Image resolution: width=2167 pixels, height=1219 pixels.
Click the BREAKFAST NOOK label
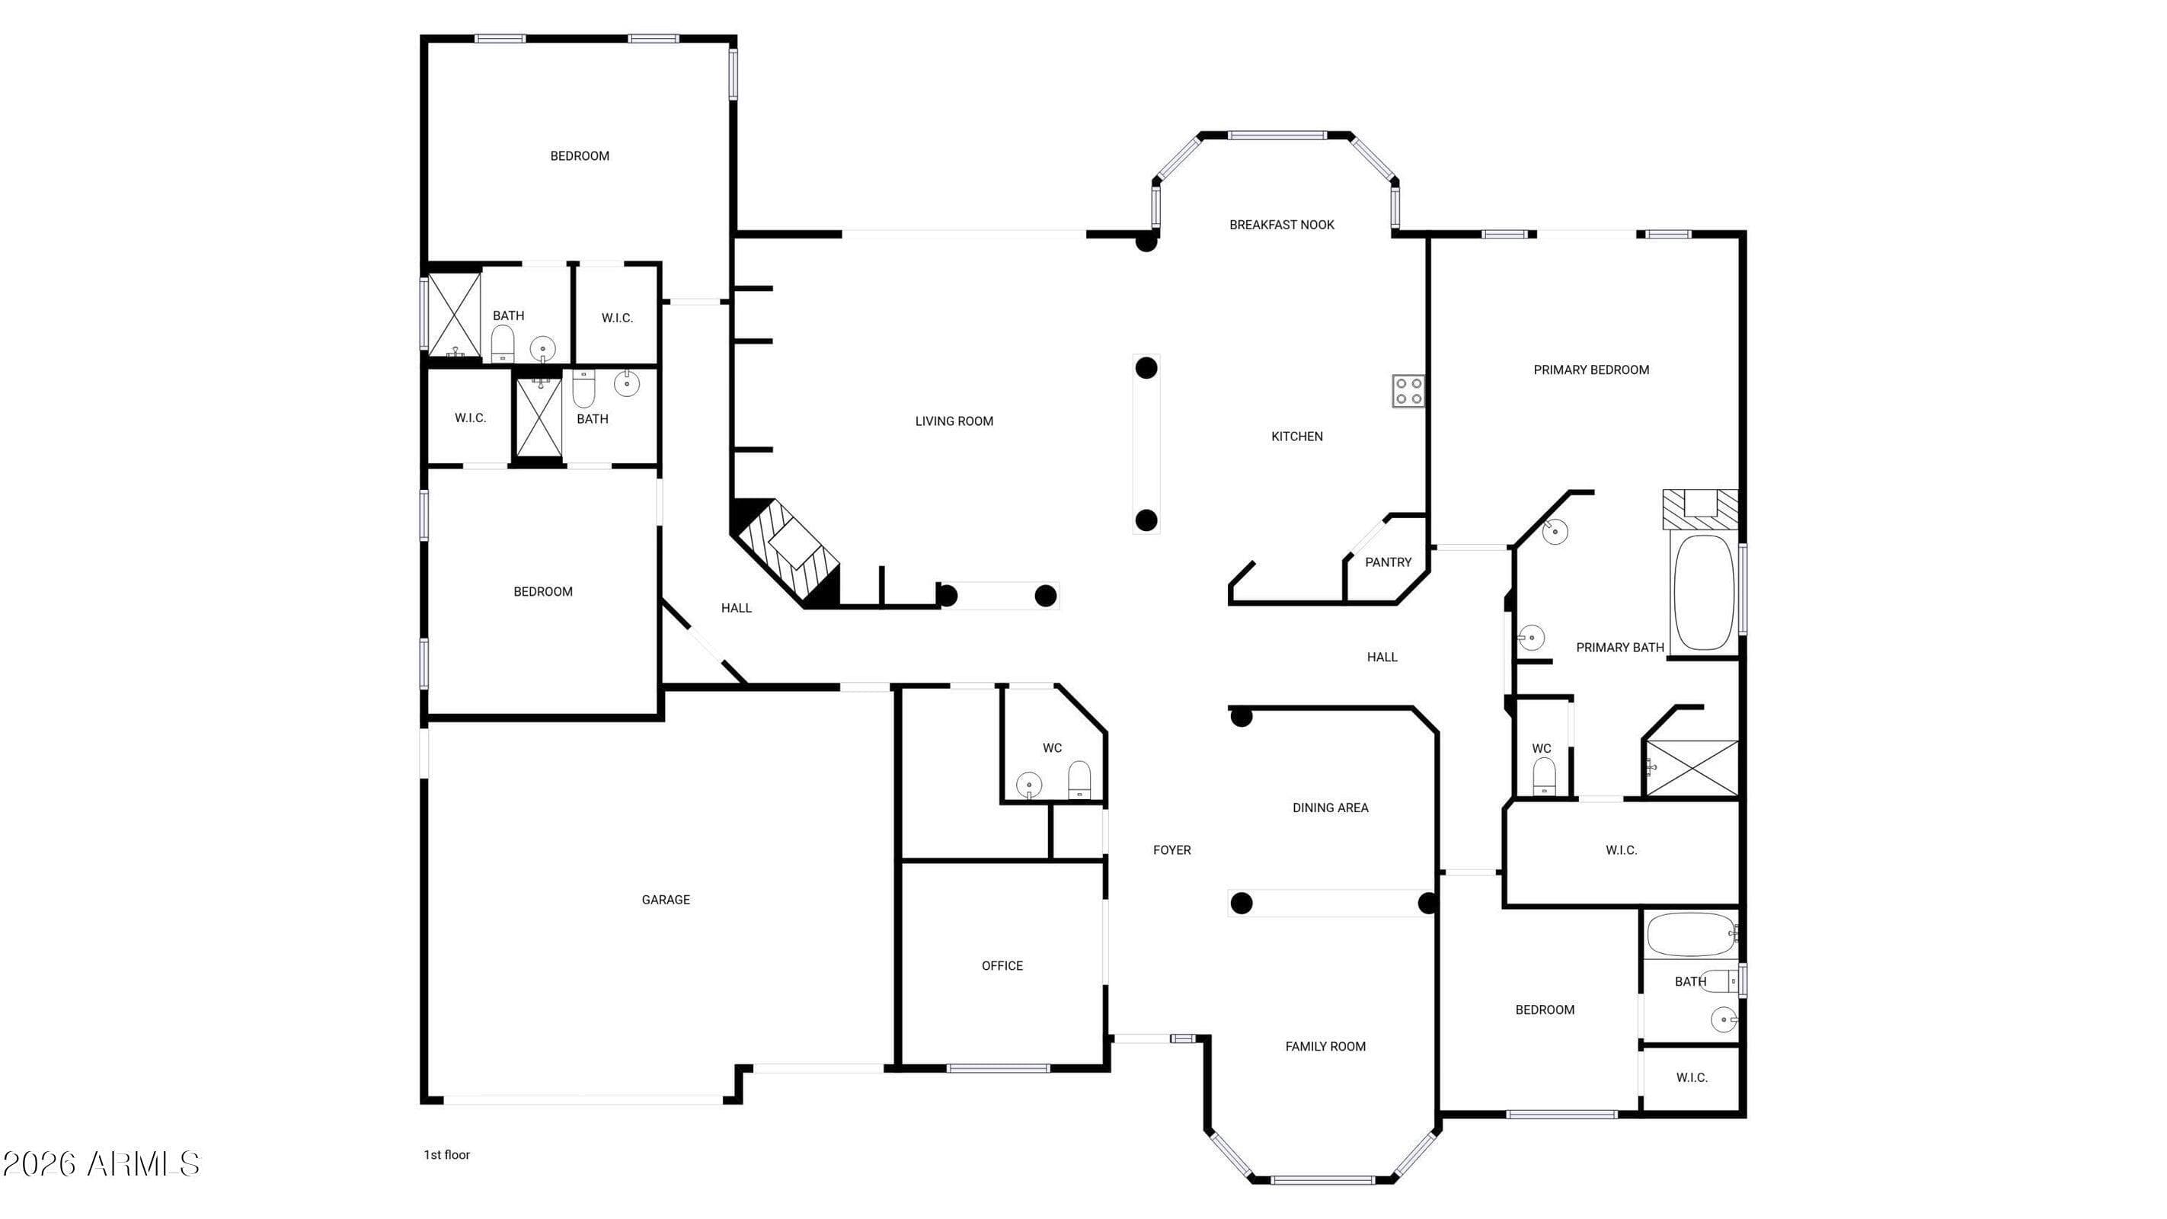(1281, 225)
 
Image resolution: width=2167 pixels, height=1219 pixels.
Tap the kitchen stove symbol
(1408, 391)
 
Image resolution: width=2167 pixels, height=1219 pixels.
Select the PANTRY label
(1387, 562)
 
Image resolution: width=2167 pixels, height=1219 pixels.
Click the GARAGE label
(666, 899)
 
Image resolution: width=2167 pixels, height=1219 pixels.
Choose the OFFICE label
(1002, 966)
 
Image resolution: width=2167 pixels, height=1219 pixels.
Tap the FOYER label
(1171, 849)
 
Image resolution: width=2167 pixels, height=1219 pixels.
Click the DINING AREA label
(1330, 808)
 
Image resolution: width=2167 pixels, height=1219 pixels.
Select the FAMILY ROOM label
(1325, 1047)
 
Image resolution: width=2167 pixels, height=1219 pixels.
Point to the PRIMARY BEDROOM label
(1590, 370)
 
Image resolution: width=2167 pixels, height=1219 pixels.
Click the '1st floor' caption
(446, 1154)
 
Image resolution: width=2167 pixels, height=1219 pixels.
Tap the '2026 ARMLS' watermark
(101, 1164)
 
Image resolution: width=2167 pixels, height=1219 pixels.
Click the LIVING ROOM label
(954, 421)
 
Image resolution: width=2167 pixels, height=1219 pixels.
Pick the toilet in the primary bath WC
(1544, 776)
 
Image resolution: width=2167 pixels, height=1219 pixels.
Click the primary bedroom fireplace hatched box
(1700, 509)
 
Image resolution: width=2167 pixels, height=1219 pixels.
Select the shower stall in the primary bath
(1692, 768)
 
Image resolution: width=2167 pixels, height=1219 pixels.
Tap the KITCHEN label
(1296, 436)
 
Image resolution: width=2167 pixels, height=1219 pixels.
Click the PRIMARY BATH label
(1619, 647)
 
